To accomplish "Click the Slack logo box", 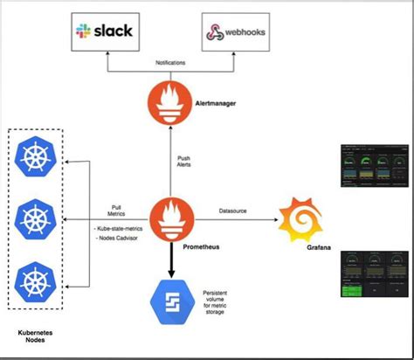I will click(104, 33).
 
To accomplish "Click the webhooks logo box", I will click(236, 33).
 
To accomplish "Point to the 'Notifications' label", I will click(170, 62).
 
